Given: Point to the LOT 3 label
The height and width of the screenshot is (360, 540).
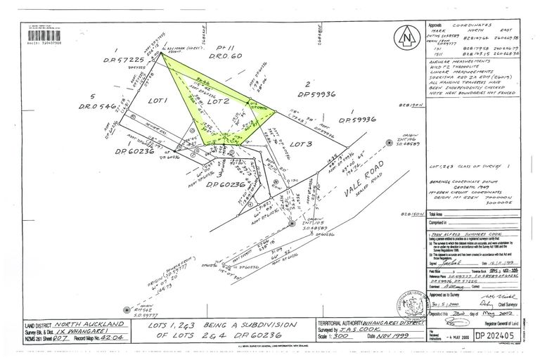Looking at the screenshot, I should coord(300,143).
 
